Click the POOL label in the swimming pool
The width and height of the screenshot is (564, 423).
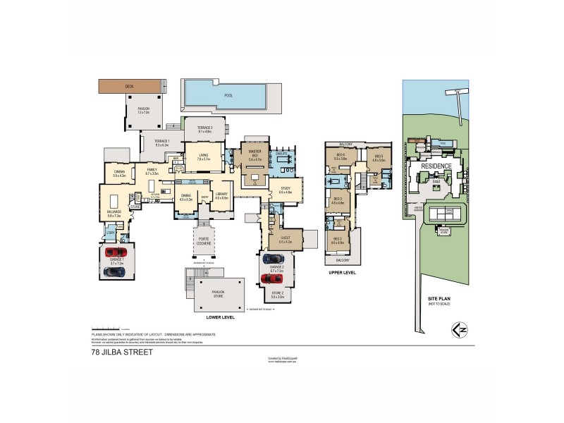tap(228, 95)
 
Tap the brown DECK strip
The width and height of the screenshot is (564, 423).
tap(129, 87)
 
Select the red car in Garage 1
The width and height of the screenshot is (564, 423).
tap(114, 252)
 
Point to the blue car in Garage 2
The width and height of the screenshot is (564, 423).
tap(272, 259)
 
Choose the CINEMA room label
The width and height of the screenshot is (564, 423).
tap(119, 171)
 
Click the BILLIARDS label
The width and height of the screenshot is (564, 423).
tap(114, 211)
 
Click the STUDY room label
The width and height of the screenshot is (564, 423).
tap(286, 188)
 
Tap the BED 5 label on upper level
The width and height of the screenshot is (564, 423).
tap(378, 156)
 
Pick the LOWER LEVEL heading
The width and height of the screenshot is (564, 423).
tap(220, 317)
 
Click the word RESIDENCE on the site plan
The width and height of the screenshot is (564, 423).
tap(436, 166)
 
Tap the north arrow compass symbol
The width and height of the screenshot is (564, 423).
tap(458, 329)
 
